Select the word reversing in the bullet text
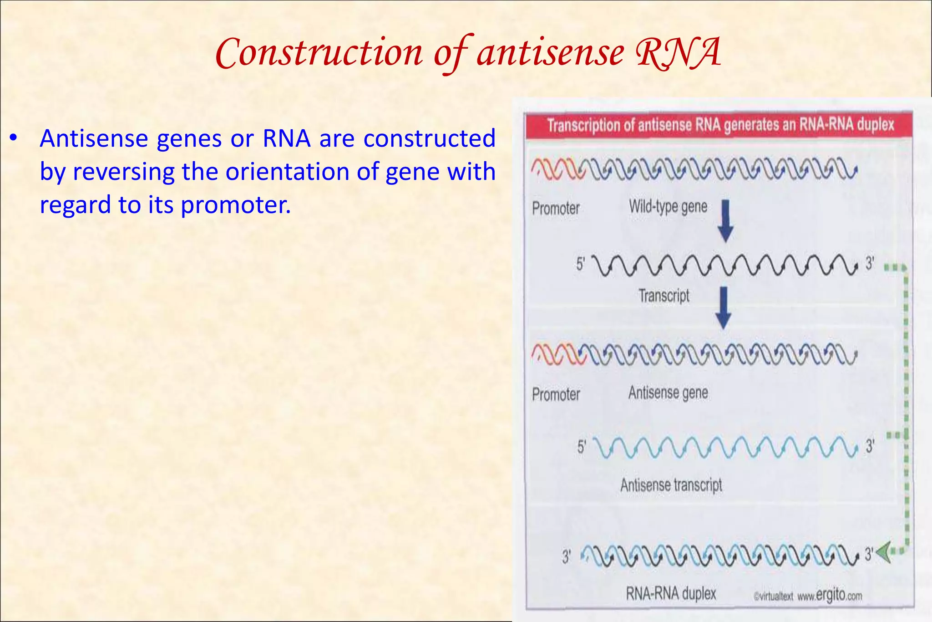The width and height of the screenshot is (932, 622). pos(123,172)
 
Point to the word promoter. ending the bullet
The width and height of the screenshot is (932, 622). pos(235,205)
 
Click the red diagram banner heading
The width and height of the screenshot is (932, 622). pos(719,125)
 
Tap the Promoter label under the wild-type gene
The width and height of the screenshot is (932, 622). pos(556,209)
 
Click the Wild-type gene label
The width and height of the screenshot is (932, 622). pos(668,207)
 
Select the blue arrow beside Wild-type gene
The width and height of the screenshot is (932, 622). pos(725,220)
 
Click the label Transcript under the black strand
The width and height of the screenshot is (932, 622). pos(664,296)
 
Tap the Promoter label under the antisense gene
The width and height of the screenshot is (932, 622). pos(556,394)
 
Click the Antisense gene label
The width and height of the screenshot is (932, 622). pos(668,393)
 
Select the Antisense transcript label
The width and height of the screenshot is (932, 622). pos(671,485)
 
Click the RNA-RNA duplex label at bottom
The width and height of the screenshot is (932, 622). pos(671,593)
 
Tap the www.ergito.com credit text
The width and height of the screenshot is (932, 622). pos(829,595)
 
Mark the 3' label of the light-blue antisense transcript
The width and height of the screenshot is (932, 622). pos(870,446)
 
